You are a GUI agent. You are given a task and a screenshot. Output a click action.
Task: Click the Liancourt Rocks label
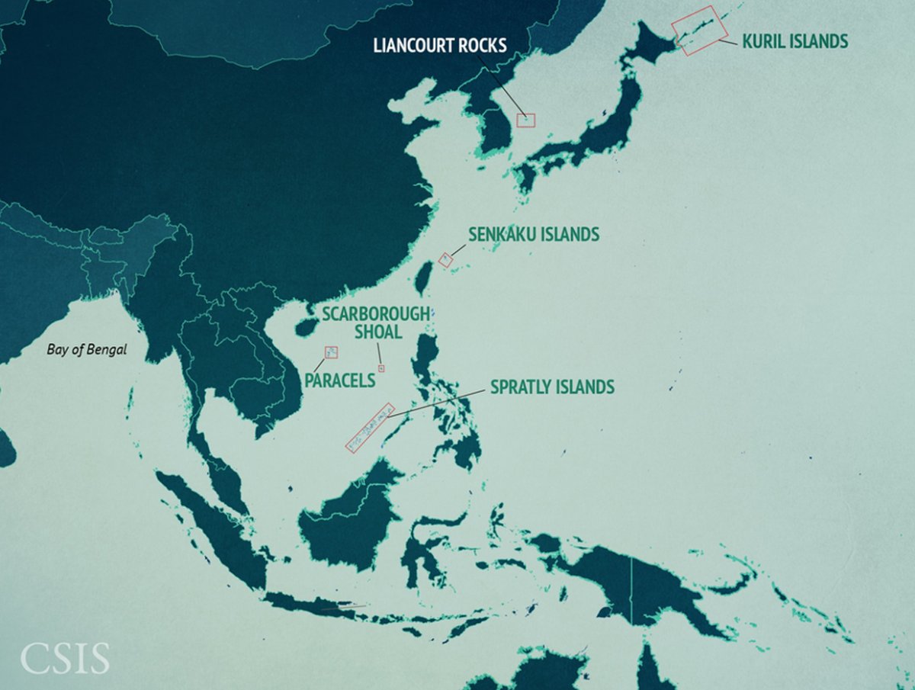440,45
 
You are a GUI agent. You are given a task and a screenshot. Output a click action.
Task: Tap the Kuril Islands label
795,41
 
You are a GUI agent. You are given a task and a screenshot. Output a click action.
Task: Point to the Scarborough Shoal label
375,322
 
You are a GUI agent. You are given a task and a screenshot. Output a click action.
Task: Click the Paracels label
339,380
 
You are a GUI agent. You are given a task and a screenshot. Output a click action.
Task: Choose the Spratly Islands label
552,387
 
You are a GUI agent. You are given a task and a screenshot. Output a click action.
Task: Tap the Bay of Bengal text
86,350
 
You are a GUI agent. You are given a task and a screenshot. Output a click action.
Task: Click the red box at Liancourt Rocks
526,120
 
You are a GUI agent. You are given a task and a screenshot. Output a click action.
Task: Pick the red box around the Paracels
331,352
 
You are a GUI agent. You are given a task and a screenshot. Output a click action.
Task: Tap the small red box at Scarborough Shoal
382,368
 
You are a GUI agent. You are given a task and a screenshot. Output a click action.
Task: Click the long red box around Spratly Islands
370,428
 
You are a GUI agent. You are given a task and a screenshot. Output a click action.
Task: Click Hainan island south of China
304,328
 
